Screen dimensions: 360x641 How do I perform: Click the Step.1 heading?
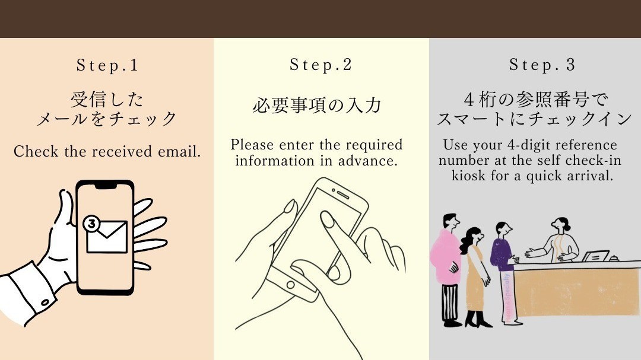coord(107,65)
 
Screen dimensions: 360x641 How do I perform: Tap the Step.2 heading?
coord(321,65)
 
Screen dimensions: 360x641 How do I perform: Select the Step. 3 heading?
coord(542,65)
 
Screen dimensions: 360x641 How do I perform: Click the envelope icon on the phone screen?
coord(107,237)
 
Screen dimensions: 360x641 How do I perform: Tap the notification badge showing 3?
coord(91,224)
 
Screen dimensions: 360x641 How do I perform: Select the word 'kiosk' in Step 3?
coord(469,176)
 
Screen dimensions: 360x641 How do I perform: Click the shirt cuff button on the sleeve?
coord(46,302)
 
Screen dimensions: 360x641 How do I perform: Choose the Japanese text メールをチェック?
coord(107,119)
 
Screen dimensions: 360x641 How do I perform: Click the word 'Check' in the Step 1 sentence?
coord(36,151)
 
